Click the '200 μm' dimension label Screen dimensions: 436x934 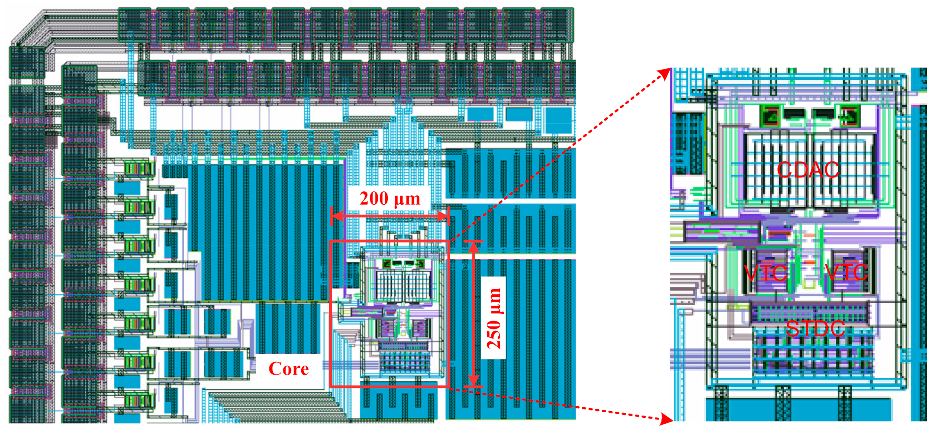tap(390, 199)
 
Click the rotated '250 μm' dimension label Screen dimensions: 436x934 tap(494, 318)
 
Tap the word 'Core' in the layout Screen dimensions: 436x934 tap(289, 368)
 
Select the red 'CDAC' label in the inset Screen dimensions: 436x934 tap(808, 170)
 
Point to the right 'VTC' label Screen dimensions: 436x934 tap(847, 272)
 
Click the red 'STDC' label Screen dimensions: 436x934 tap(815, 329)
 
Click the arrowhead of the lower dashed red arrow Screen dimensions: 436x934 tap(667, 419)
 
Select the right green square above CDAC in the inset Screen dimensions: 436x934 tap(849, 115)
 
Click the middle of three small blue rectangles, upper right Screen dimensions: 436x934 tap(519, 114)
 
